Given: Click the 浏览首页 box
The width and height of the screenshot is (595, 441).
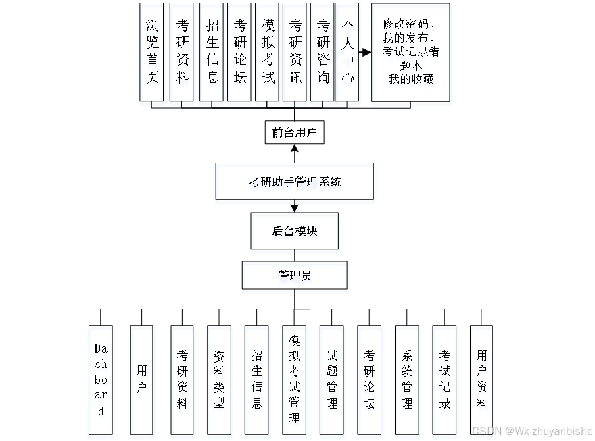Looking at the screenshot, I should point(151,52).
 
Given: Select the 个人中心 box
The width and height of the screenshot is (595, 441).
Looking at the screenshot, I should point(347,52).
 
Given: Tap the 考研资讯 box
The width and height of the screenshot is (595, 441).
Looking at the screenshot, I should point(295,52).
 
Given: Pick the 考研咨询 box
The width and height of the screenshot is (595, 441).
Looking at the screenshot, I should point(323,52).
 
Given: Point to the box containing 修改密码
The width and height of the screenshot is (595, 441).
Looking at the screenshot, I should point(410,52).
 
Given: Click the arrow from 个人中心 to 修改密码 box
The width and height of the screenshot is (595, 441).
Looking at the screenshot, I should point(365,52).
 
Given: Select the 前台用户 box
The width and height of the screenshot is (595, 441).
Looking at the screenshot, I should point(294,132).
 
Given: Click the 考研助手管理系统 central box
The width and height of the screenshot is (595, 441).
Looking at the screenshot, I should point(294,181).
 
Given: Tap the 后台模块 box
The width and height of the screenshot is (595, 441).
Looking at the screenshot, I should point(294,231).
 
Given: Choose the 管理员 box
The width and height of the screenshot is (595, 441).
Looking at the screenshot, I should point(294,276).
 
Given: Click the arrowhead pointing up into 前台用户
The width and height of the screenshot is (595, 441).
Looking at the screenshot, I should point(294,148).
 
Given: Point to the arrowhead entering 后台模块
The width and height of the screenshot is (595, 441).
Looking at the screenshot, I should point(294,207).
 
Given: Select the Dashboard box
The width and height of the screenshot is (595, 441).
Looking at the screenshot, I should point(101,380).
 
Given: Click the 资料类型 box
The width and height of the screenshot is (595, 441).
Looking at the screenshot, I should point(219,380).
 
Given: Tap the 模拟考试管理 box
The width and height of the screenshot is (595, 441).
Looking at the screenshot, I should point(294,380).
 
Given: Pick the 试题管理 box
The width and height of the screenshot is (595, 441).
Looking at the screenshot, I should point(331,380).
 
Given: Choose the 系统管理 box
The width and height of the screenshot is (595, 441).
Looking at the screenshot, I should point(407,380).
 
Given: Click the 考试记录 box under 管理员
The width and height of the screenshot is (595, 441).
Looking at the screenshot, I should point(444,380).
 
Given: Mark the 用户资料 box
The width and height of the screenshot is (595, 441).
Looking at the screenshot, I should point(481,380).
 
